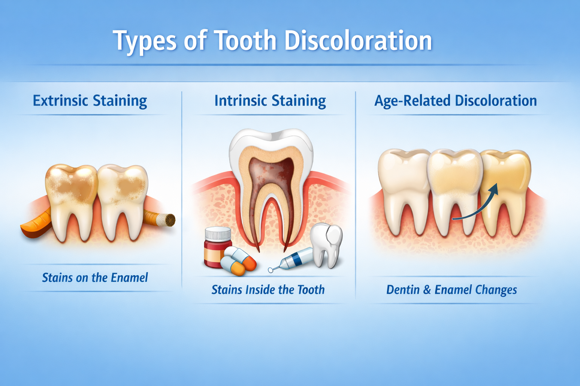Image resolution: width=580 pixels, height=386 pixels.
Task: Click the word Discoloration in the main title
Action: click(358, 41)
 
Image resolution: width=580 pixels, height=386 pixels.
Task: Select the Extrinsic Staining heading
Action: click(90, 101)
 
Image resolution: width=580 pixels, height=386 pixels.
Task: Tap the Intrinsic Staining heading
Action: click(270, 101)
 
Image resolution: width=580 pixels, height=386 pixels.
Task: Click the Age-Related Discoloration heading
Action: click(455, 101)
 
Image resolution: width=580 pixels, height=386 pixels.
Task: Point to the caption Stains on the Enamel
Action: click(95, 278)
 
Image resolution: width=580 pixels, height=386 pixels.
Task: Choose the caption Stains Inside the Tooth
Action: click(268, 289)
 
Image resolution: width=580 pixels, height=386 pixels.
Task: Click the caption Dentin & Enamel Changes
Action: click(452, 289)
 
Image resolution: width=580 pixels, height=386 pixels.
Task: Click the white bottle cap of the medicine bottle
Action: click(218, 234)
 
